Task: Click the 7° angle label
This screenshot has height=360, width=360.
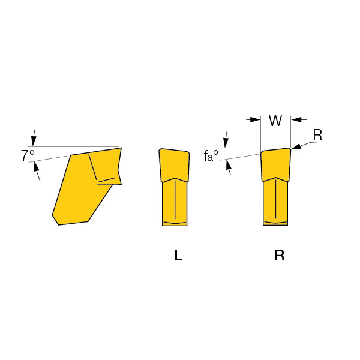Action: [x=28, y=155]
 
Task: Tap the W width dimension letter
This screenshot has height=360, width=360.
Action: [x=275, y=121]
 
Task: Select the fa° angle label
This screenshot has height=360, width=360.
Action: [x=211, y=155]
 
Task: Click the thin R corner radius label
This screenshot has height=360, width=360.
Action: [x=318, y=135]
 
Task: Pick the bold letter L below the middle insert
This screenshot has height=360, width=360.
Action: [x=178, y=255]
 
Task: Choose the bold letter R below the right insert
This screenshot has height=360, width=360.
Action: [x=280, y=255]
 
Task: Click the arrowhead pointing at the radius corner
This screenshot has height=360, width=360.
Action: [x=296, y=146]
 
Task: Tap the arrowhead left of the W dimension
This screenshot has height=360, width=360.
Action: [x=256, y=119]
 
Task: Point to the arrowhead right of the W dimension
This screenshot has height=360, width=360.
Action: [x=296, y=119]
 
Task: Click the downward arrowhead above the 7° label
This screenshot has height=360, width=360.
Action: [x=34, y=140]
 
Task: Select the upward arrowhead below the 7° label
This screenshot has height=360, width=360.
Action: [x=36, y=166]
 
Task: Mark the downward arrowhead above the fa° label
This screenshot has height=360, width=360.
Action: [x=226, y=142]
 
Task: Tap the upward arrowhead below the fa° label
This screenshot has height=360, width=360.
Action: [x=228, y=165]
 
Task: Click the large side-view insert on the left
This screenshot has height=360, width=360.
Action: [x=87, y=186]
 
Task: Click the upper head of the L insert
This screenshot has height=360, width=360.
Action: [x=174, y=166]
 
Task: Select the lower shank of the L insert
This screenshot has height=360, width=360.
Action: [x=175, y=202]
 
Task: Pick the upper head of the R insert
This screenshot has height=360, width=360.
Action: [x=275, y=164]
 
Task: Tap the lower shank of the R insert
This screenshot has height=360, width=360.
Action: [x=275, y=202]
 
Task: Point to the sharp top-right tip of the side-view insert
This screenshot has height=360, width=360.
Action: [x=121, y=148]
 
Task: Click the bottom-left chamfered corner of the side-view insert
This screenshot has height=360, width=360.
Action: [x=55, y=220]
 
